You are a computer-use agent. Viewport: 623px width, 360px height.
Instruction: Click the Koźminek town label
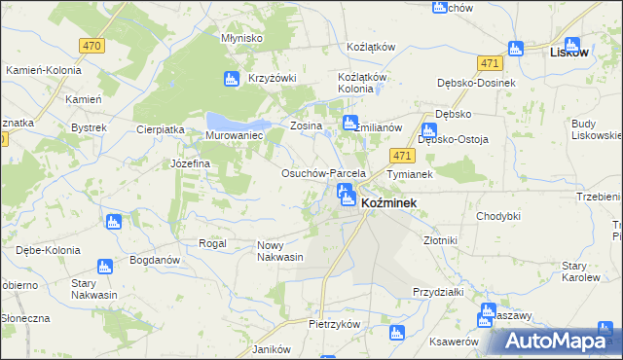pos(389,202)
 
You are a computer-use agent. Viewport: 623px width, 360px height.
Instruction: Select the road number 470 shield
pos(92,46)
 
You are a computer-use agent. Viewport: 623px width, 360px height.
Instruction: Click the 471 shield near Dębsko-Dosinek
pos(489,63)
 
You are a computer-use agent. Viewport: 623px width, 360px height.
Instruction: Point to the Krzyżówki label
pos(272,79)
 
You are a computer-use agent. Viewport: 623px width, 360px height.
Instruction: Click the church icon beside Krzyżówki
pos(232,79)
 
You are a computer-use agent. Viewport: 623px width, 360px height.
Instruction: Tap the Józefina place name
pos(191,163)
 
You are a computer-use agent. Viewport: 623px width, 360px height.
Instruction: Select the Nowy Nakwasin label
pos(280,251)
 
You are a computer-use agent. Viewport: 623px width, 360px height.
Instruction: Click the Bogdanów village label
pos(156,261)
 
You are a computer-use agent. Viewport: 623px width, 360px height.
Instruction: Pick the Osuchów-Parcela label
pos(323,173)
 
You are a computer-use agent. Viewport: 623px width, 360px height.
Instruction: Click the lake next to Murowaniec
pos(238,122)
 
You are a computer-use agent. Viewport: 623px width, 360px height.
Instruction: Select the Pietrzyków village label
pos(335,324)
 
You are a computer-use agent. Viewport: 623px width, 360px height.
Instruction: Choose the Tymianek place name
pos(410,173)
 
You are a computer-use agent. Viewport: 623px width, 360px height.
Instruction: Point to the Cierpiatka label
pos(161,128)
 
